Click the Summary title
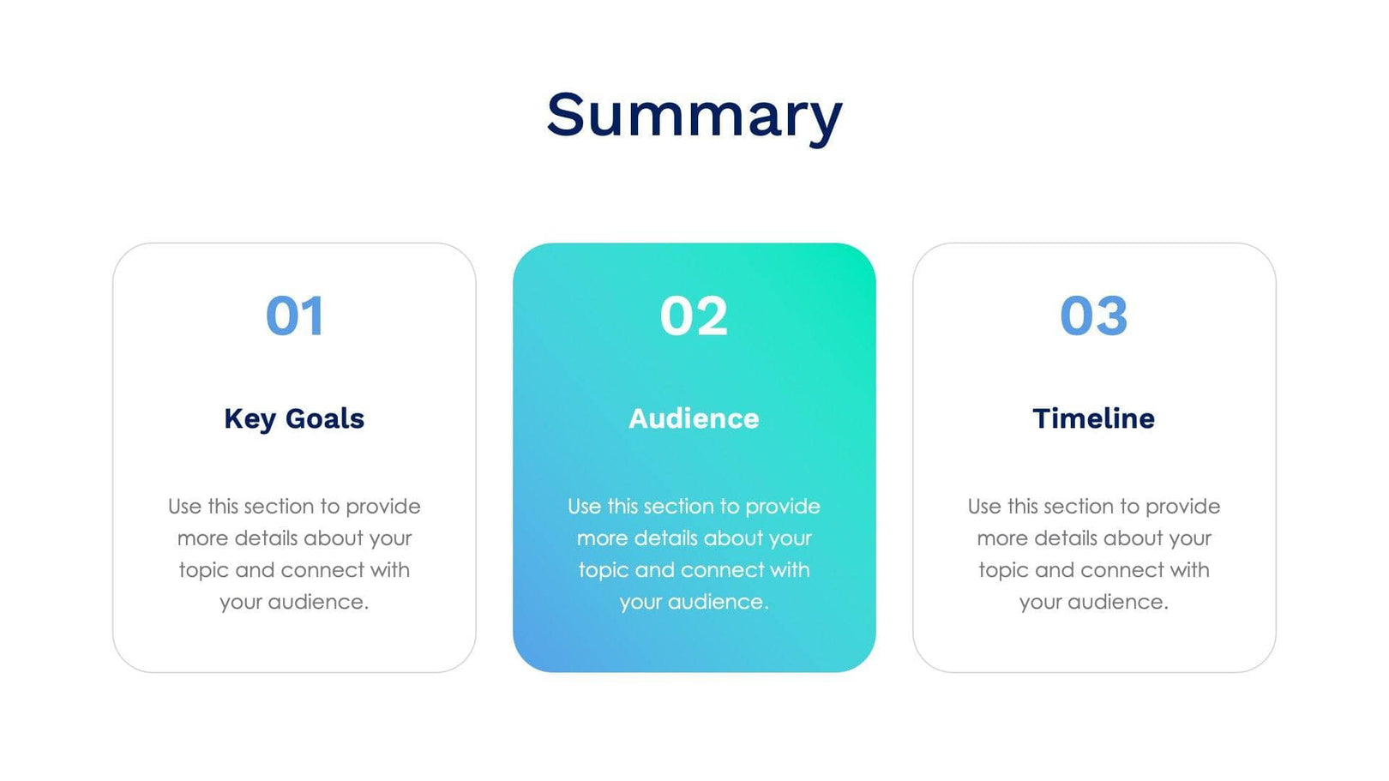(694, 115)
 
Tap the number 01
(294, 316)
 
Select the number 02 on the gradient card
(694, 316)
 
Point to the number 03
(1093, 316)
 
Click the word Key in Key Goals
(250, 419)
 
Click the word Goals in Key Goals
(324, 418)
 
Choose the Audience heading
(694, 418)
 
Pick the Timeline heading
(1093, 418)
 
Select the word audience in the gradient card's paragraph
(718, 603)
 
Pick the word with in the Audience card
(789, 570)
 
